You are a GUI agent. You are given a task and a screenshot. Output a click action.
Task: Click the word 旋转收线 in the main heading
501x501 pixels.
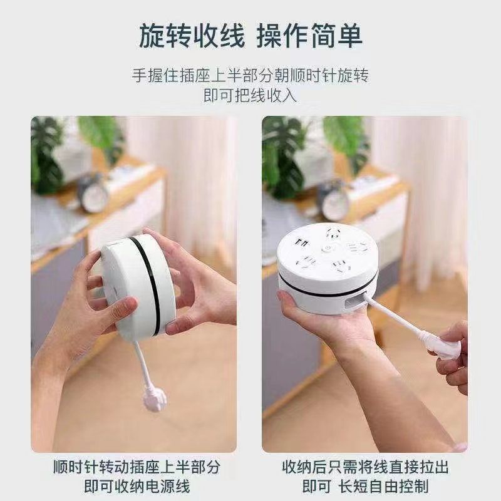[x=190, y=36]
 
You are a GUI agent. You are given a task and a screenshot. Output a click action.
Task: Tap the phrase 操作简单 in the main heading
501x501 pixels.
[x=309, y=36]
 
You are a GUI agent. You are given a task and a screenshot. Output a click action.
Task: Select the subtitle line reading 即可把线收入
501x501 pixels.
[x=250, y=96]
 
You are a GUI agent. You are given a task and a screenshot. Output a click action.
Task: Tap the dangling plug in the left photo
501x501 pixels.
[x=155, y=396]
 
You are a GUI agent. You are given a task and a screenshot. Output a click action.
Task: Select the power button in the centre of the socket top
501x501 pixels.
[x=326, y=248]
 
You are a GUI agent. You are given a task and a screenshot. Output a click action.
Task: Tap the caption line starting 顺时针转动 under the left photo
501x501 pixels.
[x=137, y=467]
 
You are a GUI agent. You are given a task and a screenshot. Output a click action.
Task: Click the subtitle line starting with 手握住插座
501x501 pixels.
[x=250, y=76]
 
